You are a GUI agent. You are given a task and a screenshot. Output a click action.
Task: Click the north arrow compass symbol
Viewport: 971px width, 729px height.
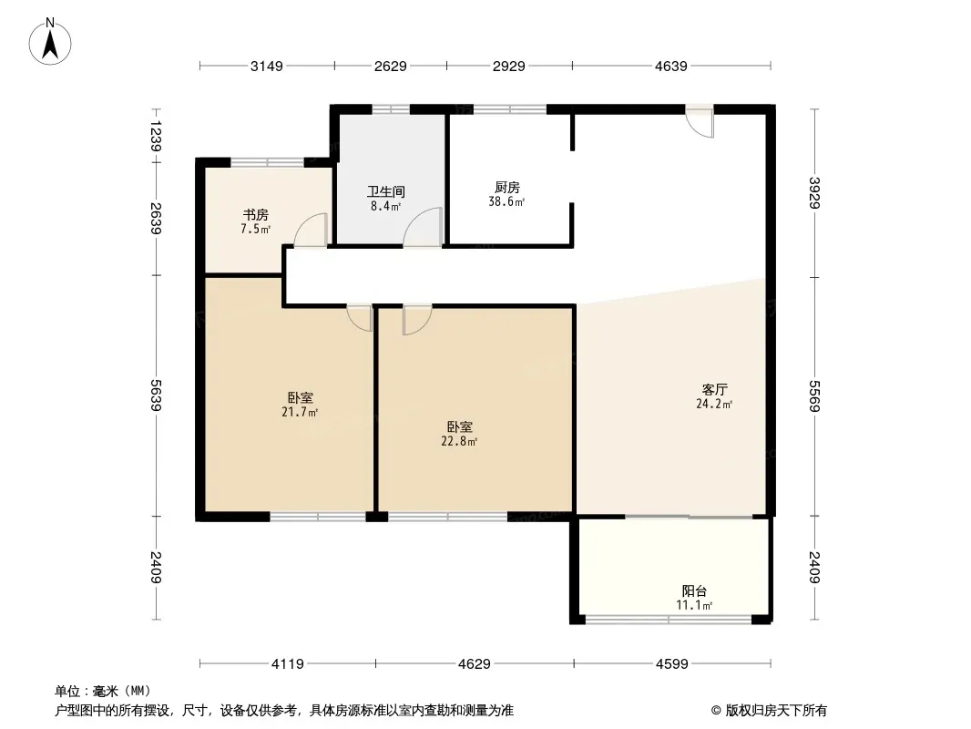point(50,42)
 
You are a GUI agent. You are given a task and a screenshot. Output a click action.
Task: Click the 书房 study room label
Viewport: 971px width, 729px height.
point(255,215)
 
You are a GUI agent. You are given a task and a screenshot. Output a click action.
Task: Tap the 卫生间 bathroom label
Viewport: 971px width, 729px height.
point(386,192)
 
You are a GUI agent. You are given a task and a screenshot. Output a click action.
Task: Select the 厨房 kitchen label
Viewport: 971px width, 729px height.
point(507,187)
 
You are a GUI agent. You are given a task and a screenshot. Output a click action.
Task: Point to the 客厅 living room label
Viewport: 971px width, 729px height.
point(714,390)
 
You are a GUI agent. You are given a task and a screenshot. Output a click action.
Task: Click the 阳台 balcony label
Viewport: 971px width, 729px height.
point(694,590)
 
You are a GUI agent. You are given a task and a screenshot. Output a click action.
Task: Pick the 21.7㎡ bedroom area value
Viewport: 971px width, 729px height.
point(300,412)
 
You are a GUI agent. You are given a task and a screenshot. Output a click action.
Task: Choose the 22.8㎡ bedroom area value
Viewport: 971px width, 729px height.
point(459,442)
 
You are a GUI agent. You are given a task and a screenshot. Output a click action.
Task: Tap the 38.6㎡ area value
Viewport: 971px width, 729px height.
point(506,201)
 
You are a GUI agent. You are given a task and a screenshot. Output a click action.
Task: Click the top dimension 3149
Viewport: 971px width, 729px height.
point(267,66)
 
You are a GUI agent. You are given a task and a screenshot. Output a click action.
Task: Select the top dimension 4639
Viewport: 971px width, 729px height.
point(671,66)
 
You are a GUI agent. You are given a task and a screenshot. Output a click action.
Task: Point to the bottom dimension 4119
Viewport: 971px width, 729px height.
point(288,664)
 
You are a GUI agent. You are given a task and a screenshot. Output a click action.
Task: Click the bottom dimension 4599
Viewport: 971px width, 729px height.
point(672,664)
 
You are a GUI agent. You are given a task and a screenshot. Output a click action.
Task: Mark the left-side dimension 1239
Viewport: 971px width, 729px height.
point(156,136)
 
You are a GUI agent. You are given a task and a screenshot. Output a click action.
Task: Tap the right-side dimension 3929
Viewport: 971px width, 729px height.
point(814,193)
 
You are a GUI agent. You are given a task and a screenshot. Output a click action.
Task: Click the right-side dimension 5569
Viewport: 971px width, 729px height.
point(814,396)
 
